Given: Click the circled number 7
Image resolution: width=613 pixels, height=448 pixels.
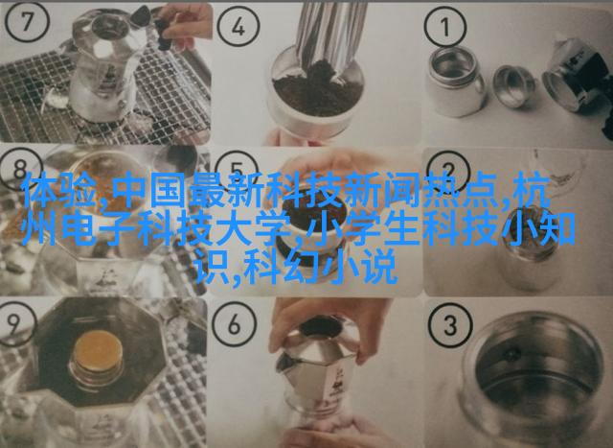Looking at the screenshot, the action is coord(27,21).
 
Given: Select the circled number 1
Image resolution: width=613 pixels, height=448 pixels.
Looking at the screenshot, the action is coord(445,27).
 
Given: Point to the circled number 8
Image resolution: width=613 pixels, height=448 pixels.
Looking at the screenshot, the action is coord(20,171).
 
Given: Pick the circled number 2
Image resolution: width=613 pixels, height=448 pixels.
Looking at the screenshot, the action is coord(448,172).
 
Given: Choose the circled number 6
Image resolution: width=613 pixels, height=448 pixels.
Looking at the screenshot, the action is coord(235,324).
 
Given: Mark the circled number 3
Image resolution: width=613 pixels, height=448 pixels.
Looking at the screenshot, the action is coord(449,325).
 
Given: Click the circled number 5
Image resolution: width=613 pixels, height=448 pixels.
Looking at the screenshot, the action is coord(237,171).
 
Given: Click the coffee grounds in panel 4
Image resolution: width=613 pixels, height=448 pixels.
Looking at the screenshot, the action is coord(318,89).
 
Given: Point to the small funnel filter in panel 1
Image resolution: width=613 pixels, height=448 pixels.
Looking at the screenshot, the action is coord(514,85).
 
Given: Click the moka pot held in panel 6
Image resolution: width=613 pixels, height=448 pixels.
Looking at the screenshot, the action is coord(317,370).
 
